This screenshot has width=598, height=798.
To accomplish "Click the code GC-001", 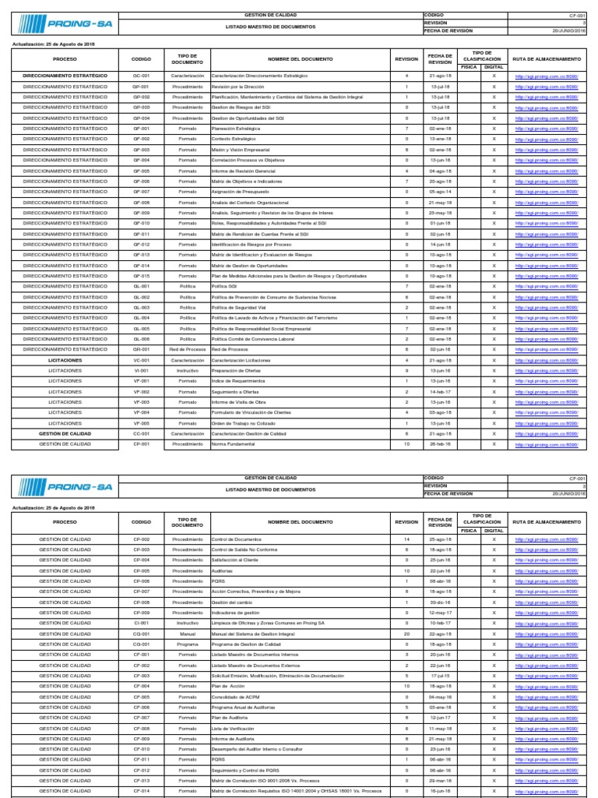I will click(x=141, y=76).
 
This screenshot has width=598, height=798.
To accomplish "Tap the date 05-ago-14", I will click(x=441, y=191).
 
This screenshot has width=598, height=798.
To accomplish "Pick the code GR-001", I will click(x=141, y=349).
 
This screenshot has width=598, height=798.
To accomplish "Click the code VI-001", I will click(x=141, y=370).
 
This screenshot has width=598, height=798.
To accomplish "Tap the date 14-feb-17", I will click(x=441, y=391).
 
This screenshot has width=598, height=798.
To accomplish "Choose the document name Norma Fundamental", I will click(x=231, y=444).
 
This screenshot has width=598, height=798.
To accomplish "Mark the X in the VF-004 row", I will click(x=493, y=412).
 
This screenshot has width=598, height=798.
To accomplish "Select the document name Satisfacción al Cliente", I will click(x=236, y=560).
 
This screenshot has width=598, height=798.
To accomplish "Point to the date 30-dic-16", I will click(x=441, y=602).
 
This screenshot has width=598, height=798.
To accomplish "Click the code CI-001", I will click(x=141, y=623).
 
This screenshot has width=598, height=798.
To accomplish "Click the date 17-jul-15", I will click(x=441, y=676).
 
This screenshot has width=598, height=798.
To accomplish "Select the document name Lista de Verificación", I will click(x=233, y=729).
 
